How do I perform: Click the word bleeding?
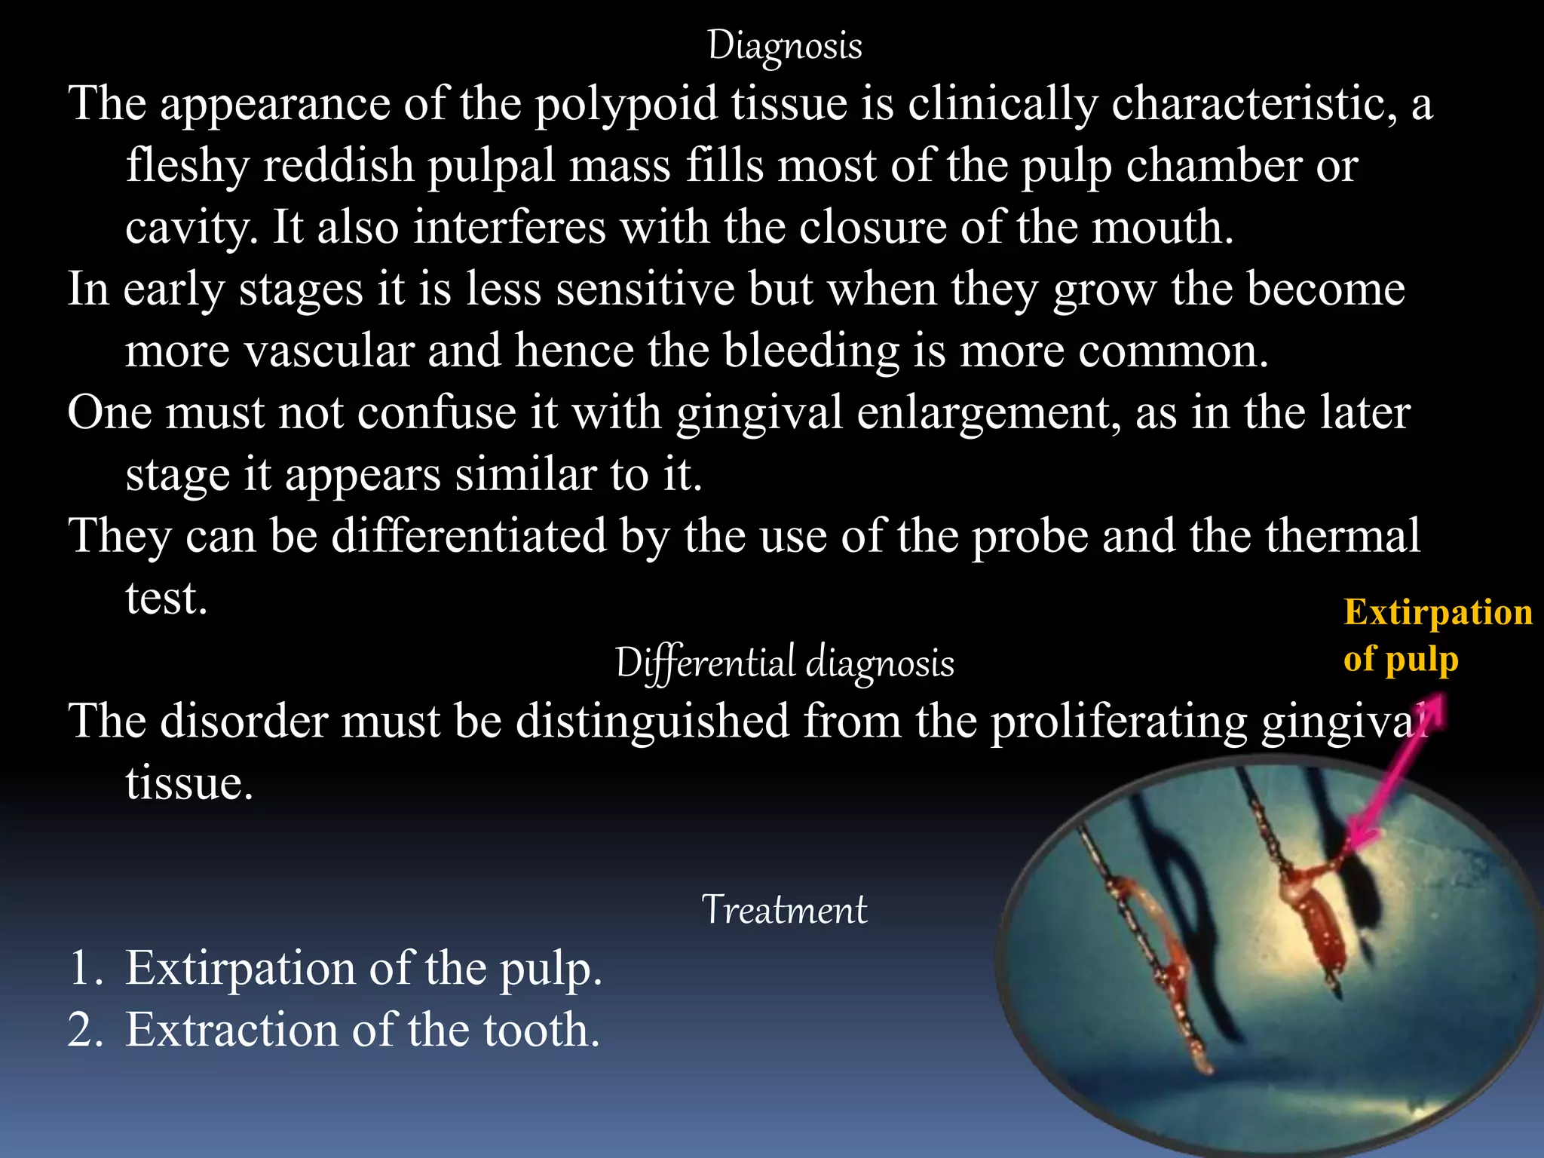click(x=811, y=351)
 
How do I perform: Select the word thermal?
click(x=1343, y=536)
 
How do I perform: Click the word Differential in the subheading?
click(x=705, y=663)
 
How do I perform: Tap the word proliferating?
click(x=1119, y=721)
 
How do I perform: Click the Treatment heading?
click(x=784, y=910)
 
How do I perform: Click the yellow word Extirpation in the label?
click(x=1438, y=612)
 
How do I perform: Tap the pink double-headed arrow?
click(x=1395, y=777)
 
